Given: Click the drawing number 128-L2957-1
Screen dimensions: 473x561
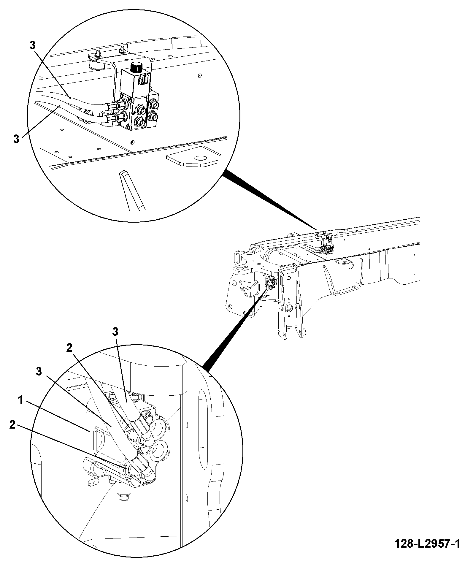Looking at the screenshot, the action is tap(427, 543).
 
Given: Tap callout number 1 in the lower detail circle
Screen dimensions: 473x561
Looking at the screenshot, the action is tap(20, 400).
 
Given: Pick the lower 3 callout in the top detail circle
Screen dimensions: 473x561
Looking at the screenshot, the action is tap(16, 139).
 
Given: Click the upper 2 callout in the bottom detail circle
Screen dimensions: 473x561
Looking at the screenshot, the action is tap(69, 348).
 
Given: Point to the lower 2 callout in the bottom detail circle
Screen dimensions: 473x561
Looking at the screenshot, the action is tap(12, 425).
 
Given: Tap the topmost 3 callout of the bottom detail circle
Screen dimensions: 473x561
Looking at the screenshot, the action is tap(115, 332).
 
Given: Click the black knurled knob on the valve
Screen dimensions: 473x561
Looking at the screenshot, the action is tap(136, 68).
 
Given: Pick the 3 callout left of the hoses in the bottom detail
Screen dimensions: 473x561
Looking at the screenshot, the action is tap(39, 372).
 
